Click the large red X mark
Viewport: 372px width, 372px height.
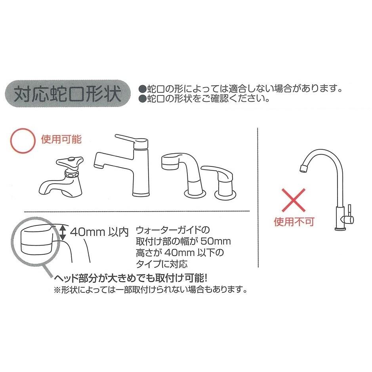[x=294, y=200]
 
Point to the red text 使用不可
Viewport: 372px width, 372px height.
[x=294, y=221]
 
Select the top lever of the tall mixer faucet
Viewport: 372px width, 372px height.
[x=130, y=139]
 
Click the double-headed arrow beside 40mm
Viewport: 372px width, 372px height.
[x=62, y=231]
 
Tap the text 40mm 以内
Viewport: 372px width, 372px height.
[x=99, y=232]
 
